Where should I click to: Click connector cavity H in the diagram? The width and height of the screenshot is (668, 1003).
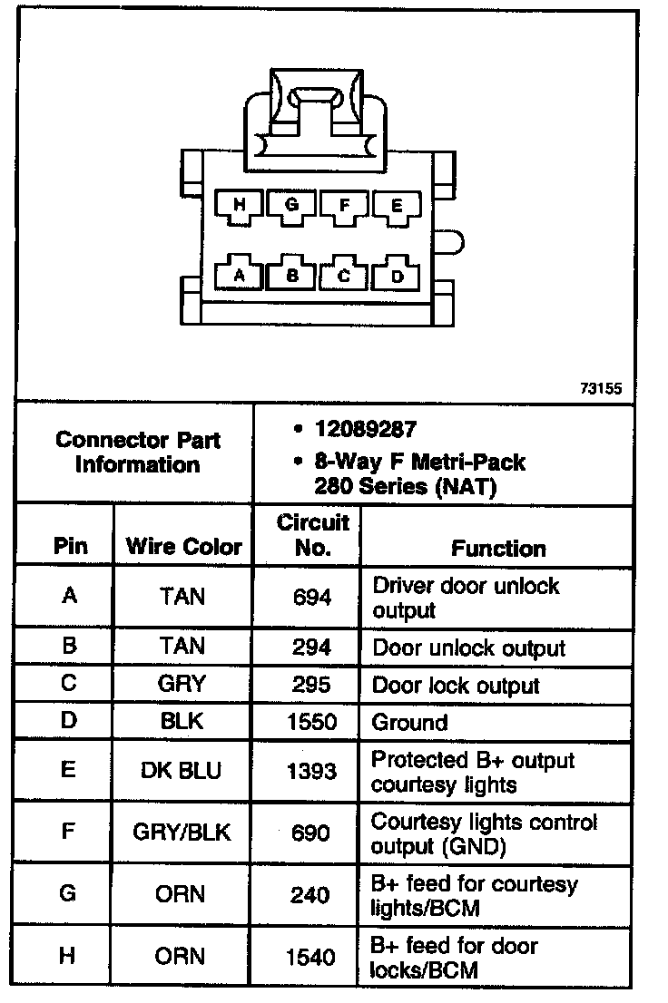pos(240,206)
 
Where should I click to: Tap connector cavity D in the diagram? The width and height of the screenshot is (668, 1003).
pos(397,275)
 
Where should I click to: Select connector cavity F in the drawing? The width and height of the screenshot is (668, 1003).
pos(344,206)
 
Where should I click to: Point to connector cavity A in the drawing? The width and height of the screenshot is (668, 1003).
pos(240,275)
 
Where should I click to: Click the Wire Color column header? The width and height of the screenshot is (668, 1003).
pos(183,547)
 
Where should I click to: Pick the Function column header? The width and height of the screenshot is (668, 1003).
pos(498,548)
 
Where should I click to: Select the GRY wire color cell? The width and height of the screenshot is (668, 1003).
pos(182,684)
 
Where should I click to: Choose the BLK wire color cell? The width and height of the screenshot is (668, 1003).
pos(182,722)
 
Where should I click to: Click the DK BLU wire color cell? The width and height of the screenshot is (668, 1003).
pos(182,771)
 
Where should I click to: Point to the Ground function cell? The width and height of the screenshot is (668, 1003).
pos(410,723)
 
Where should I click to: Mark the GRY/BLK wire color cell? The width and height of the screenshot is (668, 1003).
pos(182,833)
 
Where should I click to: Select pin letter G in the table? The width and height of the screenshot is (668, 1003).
pos(68,893)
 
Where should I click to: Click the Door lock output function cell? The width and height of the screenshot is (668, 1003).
pos(456,686)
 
